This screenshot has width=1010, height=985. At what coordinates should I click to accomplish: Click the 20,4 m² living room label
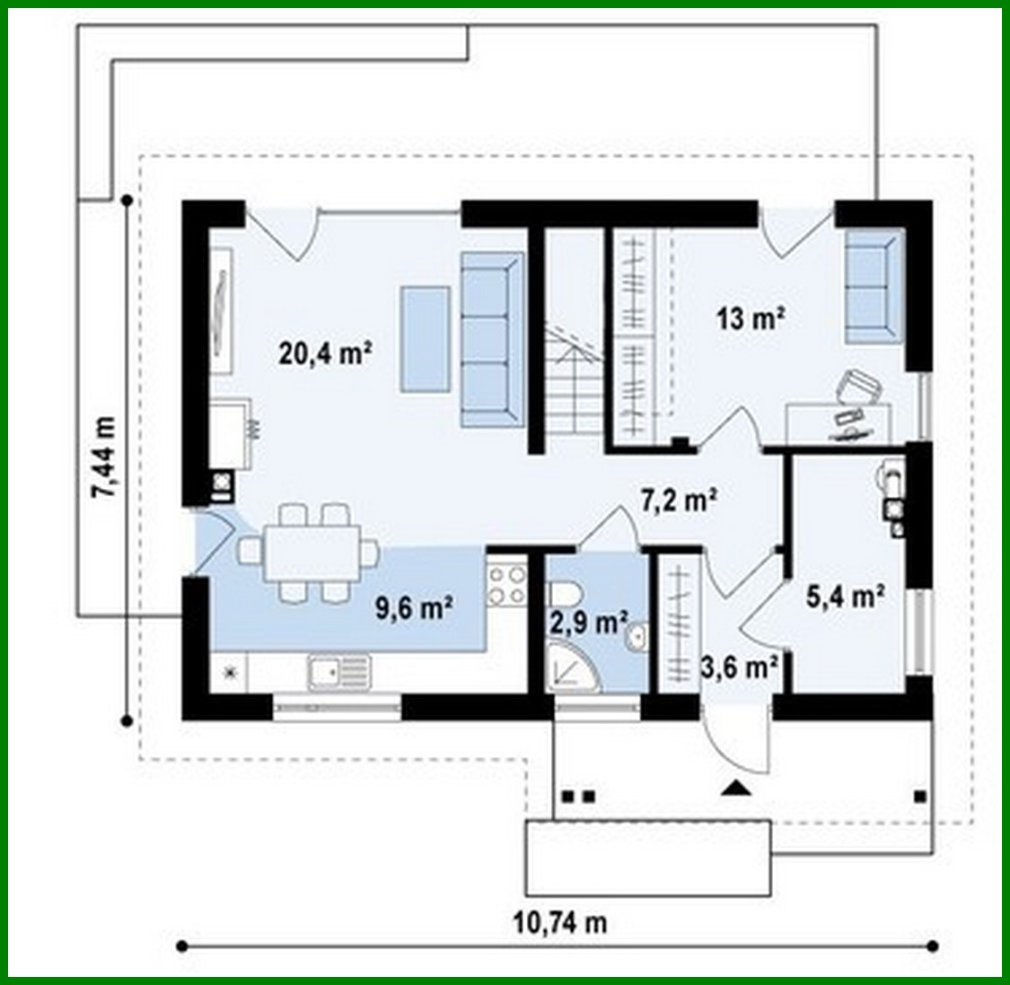pyautogui.click(x=326, y=353)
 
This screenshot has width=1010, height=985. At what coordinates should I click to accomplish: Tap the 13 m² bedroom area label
pyautogui.click(x=750, y=318)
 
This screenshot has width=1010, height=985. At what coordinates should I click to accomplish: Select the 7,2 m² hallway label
pyautogui.click(x=678, y=500)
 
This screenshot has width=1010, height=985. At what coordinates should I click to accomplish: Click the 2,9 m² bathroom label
pyautogui.click(x=586, y=621)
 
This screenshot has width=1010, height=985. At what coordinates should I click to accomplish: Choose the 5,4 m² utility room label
pyautogui.click(x=846, y=596)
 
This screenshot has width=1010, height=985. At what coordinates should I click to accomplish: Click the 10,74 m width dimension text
pyautogui.click(x=560, y=921)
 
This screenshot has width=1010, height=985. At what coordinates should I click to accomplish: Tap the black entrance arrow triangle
pyautogui.click(x=735, y=789)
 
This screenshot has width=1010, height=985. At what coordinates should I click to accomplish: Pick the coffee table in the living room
pyautogui.click(x=425, y=338)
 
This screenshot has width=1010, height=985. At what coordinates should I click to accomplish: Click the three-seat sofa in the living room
pyautogui.click(x=491, y=338)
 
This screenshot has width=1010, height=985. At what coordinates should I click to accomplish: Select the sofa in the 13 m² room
pyautogui.click(x=872, y=287)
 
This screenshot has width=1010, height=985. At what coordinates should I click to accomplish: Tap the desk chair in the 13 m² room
pyautogui.click(x=858, y=388)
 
